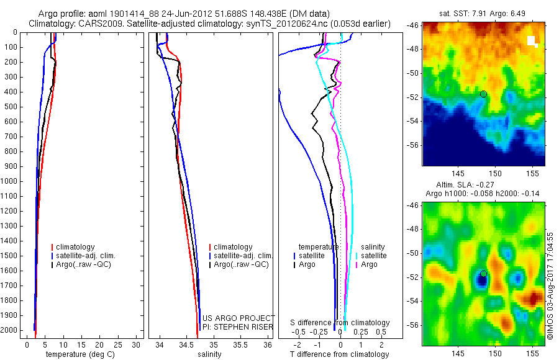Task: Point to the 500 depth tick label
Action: pyautogui.click(x=10, y=107)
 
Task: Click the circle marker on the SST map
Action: pyautogui.click(x=483, y=94)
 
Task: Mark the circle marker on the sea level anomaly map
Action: pyautogui.click(x=483, y=274)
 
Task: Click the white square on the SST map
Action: pyautogui.click(x=532, y=41)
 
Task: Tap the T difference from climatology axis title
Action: pyautogui.click(x=339, y=354)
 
